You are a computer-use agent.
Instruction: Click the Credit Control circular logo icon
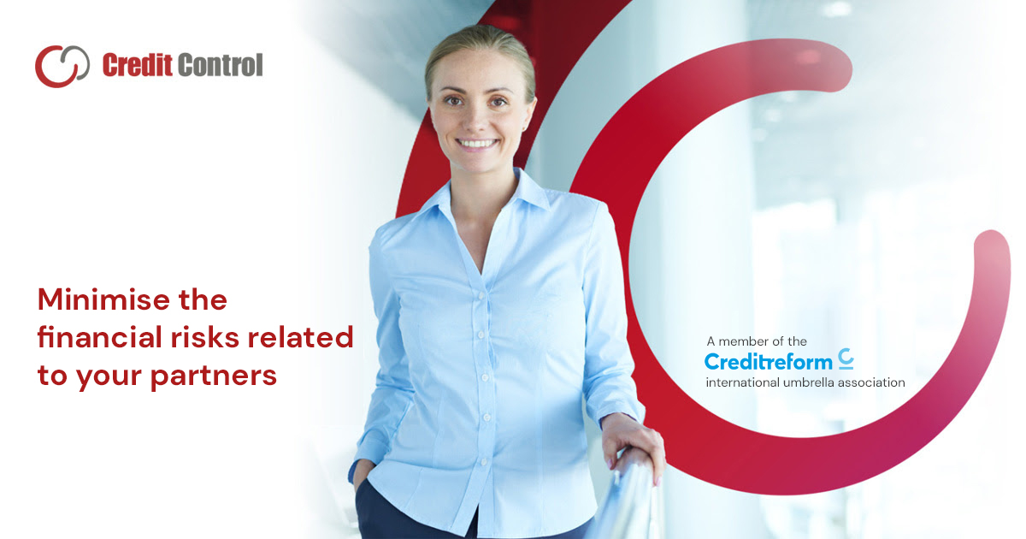(62, 66)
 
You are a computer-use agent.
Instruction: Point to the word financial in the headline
(95, 337)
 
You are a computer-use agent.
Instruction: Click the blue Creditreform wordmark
(768, 362)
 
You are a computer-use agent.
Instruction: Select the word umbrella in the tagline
(810, 382)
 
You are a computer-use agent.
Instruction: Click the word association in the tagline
(873, 382)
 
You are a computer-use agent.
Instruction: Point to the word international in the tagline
(741, 382)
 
